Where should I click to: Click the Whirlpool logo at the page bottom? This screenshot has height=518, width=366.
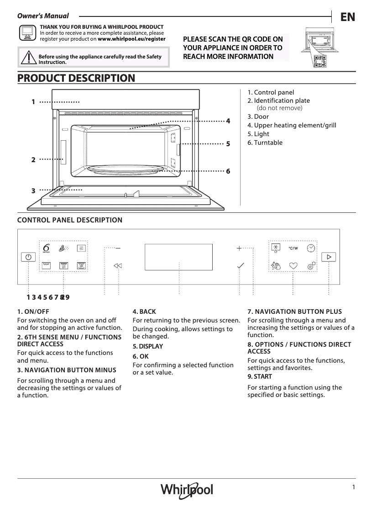click(x=187, y=490)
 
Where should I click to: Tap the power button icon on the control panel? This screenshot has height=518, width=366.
click(x=28, y=257)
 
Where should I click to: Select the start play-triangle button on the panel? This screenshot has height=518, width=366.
click(x=329, y=257)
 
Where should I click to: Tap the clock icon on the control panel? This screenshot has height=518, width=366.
click(x=311, y=247)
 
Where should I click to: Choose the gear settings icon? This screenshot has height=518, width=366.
click(x=311, y=266)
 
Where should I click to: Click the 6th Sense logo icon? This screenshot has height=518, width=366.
click(x=46, y=247)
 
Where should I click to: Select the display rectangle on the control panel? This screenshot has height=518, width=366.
click(x=178, y=257)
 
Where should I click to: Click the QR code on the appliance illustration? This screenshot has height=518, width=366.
click(x=320, y=61)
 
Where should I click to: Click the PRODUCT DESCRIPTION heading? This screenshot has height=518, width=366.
click(x=76, y=78)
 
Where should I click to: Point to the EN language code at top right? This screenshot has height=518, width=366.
click(x=347, y=17)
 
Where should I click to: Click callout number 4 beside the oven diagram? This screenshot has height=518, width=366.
click(x=228, y=121)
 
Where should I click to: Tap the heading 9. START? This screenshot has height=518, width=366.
click(x=260, y=376)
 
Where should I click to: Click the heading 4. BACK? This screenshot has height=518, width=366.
click(x=144, y=312)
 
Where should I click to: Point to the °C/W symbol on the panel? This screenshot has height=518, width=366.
click(x=293, y=248)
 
